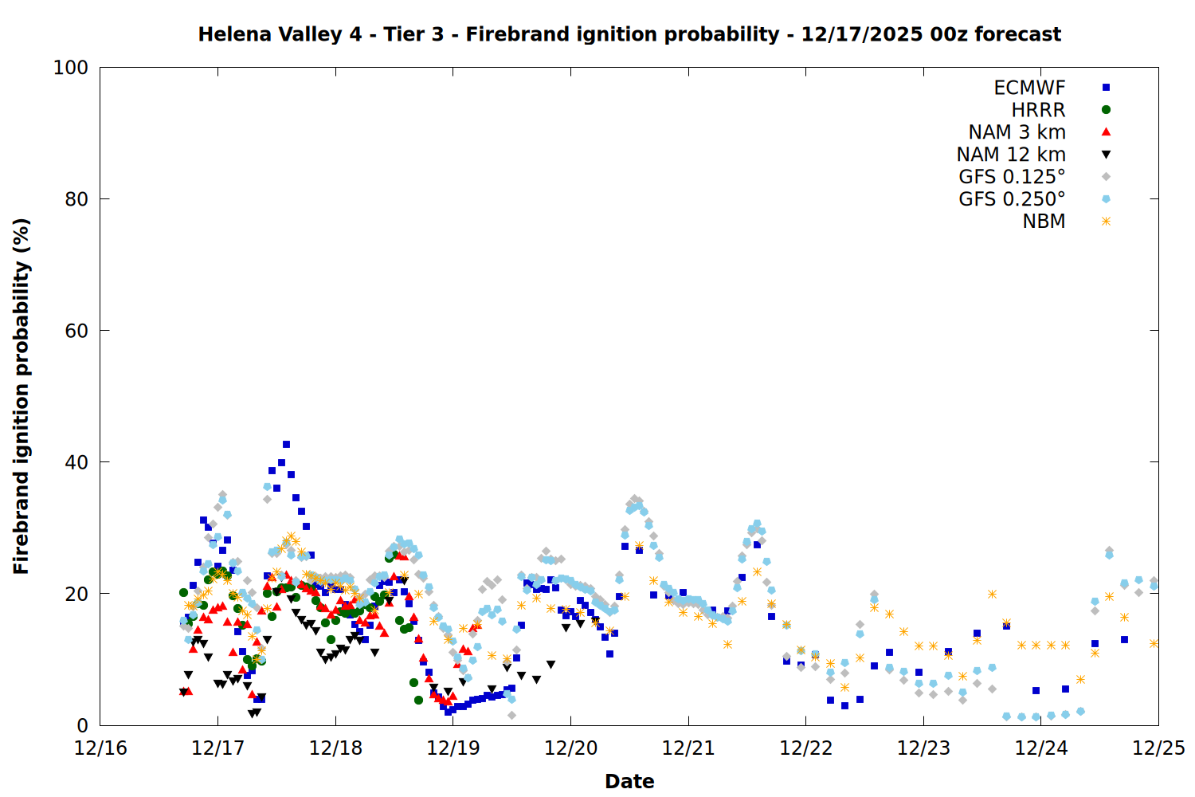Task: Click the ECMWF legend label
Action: point(1029,88)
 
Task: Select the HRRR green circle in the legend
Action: point(1106,110)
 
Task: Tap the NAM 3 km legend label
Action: point(1017,132)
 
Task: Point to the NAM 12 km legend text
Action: point(1011,155)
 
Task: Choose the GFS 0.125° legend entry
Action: point(1012,177)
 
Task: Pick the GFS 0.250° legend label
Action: point(1012,199)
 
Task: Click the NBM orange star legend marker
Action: point(1106,222)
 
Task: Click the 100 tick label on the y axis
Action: point(71,68)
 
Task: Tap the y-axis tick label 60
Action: point(76,331)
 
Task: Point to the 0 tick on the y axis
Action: point(82,725)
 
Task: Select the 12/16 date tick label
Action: point(100,748)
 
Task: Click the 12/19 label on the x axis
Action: point(453,748)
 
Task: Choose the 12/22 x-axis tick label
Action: point(806,748)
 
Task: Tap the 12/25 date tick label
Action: point(1159,748)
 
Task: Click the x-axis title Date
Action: point(629,781)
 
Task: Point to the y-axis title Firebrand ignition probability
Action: point(22,396)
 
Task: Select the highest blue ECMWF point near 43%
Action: point(286,445)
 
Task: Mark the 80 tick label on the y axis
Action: point(76,199)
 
